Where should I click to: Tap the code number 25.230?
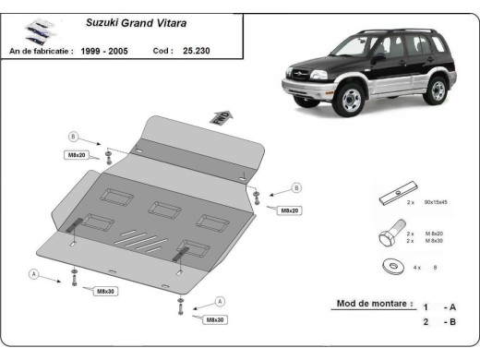pyautogui.click(x=196, y=52)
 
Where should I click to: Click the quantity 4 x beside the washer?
pyautogui.click(x=417, y=267)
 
